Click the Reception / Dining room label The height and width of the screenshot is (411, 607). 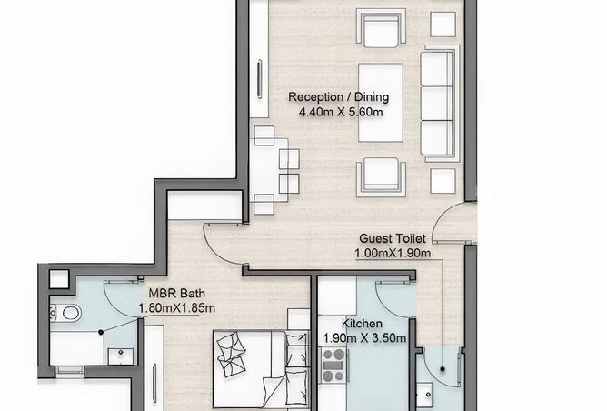[x=339, y=97]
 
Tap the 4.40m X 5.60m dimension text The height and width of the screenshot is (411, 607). [x=341, y=113]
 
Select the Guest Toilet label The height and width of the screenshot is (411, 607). [x=393, y=238]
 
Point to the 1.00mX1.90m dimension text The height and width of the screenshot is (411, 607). [x=393, y=254]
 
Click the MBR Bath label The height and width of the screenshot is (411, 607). [x=177, y=293]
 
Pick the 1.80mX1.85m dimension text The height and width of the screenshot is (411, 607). [x=177, y=308]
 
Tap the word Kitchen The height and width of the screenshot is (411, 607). [x=362, y=324]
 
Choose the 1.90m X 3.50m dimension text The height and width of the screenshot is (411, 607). [x=364, y=338]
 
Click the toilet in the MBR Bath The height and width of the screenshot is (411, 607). [x=66, y=312]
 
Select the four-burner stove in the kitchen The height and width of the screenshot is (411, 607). [x=333, y=366]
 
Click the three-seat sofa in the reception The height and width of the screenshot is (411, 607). [x=440, y=104]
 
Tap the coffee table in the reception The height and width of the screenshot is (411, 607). [x=381, y=102]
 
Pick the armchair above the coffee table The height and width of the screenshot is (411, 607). [x=381, y=28]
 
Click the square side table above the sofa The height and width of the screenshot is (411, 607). [x=443, y=25]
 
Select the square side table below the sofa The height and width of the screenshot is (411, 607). [x=443, y=181]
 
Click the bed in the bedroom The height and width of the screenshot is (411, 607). [x=262, y=369]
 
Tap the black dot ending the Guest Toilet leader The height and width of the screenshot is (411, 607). [x=443, y=369]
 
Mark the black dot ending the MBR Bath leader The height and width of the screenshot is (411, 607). [x=101, y=332]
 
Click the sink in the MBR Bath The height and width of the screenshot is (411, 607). [x=121, y=356]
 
